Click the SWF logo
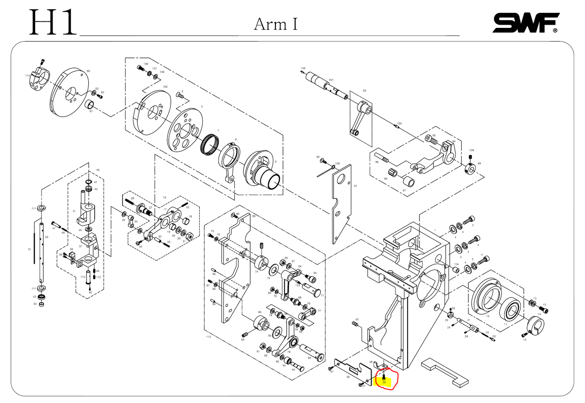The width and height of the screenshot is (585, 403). tap(525, 23)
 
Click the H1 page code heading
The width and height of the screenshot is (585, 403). tap(52, 23)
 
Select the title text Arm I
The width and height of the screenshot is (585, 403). tap(275, 24)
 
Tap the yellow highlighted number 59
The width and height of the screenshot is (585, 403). tap(384, 382)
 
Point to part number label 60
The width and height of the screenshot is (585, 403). tap(88, 71)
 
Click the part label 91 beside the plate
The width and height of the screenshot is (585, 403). tap(355, 186)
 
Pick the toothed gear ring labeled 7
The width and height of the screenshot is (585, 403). tap(210, 144)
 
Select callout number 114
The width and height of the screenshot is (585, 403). tap(27, 76)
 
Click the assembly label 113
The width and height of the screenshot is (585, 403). tap(208, 337)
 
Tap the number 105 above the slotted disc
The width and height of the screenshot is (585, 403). tap(165, 87)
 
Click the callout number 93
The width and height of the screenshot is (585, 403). tap(364, 91)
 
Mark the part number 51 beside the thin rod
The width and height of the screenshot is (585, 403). tap(30, 250)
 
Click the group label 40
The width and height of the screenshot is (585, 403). tap(98, 170)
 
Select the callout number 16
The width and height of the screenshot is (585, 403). tap(164, 197)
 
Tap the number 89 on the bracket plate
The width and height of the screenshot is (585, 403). tap(254, 216)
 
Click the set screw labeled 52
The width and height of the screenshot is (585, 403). tap(355, 324)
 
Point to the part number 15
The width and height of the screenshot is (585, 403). tap(525, 339)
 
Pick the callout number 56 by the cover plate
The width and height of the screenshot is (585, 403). tap(348, 377)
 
